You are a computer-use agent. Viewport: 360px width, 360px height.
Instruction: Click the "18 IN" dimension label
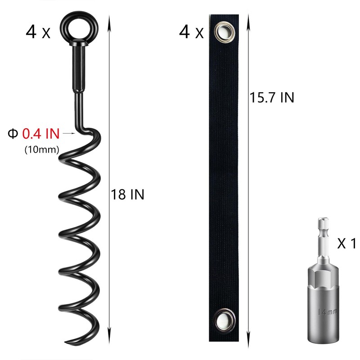(x=128, y=195)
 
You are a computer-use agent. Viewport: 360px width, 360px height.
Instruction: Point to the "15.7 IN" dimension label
(x=272, y=97)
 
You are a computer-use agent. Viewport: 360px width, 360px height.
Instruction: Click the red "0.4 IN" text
(x=40, y=134)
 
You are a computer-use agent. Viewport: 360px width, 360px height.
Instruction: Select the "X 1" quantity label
(x=346, y=244)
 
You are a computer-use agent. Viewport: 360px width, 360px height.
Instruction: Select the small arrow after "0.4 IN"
(x=68, y=134)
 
